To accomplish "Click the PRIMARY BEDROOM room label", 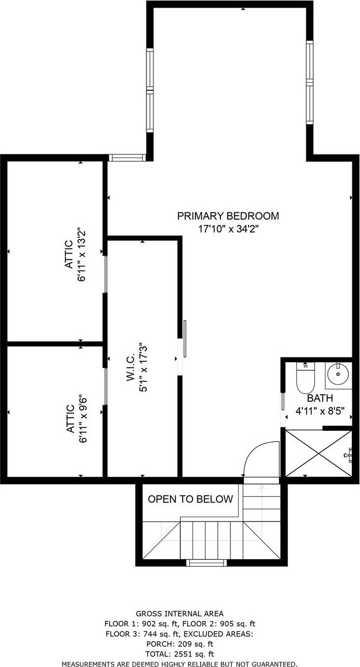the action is click(228, 216).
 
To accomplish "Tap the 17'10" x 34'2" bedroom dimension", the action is click(229, 229).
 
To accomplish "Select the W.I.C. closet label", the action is click(131, 367).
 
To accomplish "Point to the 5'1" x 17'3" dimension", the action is click(143, 367).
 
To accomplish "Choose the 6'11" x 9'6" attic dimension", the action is click(83, 420).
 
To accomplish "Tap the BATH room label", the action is click(319, 399).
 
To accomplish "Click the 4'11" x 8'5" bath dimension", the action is click(320, 412).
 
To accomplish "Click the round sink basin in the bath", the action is click(339, 374).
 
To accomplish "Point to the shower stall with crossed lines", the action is click(319, 454).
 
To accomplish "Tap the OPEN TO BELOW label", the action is click(190, 499).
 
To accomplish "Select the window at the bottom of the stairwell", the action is click(207, 563).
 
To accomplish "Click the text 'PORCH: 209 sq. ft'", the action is click(179, 644).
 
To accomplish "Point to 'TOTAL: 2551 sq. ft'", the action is click(179, 654).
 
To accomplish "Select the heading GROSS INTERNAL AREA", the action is click(179, 613).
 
